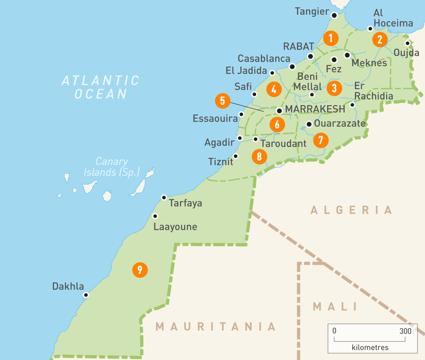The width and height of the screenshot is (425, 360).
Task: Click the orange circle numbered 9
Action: point(139,269)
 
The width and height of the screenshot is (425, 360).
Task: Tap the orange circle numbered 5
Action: point(222,101)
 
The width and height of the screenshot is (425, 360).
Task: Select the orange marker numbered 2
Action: point(380,40)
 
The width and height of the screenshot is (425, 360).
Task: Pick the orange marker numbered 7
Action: point(320,140)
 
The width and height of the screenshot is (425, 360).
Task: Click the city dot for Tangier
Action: point(334,15)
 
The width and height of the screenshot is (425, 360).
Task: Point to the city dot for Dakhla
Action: point(86,295)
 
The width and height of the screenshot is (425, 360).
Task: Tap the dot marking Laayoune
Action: point(155,216)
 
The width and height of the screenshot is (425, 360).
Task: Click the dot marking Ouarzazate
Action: point(309,124)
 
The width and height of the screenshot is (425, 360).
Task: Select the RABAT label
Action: point(299,46)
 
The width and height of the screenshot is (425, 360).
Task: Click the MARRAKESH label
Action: point(315,109)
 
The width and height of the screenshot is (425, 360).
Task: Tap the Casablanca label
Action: point(264,59)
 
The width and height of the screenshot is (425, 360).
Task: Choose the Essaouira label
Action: point(215,118)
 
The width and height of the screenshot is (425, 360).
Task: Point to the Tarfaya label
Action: point(186,203)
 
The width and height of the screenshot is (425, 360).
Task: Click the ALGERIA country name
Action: point(351,210)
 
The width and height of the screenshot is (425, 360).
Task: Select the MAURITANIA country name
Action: point(216,326)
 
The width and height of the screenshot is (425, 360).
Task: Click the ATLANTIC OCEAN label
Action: point(100,87)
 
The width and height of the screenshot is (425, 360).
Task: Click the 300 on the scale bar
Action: point(405,331)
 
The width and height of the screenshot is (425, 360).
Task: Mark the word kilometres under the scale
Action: point(370,347)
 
